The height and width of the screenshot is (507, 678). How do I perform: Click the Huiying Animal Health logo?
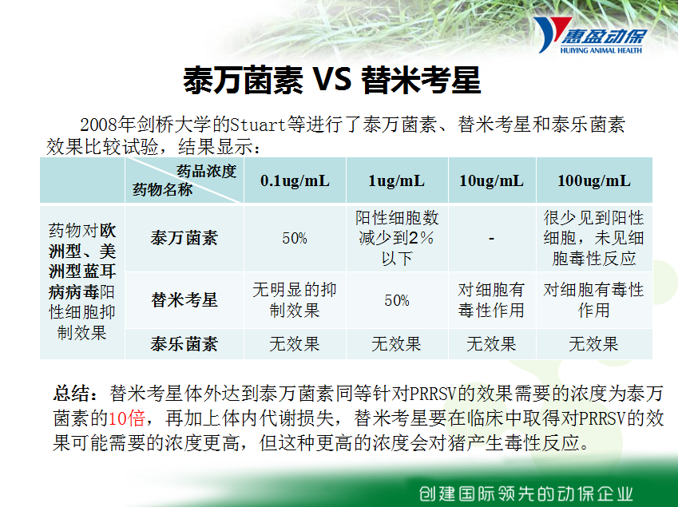[590, 35]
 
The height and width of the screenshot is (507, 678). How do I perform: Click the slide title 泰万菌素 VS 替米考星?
[332, 81]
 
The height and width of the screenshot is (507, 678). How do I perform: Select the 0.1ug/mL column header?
[295, 180]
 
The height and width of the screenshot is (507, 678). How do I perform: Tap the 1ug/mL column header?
[397, 180]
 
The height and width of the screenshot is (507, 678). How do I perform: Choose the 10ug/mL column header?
[492, 180]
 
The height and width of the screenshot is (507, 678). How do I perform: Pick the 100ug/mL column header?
[594, 180]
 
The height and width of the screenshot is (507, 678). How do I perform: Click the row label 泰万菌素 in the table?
[184, 238]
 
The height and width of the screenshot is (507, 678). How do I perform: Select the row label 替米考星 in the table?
[184, 300]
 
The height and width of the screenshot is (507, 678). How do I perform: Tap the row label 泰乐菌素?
[184, 344]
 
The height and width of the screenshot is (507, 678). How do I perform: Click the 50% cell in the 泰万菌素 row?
[295, 238]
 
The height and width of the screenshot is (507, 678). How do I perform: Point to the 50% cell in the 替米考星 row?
[397, 300]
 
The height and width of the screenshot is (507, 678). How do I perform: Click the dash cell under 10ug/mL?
[492, 239]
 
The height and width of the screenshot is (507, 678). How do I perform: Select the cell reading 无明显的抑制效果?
[295, 300]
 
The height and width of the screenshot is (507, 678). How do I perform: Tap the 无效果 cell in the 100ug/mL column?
[593, 344]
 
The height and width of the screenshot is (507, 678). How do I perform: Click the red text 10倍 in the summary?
[126, 418]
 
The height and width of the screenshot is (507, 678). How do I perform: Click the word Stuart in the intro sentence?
[258, 125]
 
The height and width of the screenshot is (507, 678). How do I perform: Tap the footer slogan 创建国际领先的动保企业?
[526, 493]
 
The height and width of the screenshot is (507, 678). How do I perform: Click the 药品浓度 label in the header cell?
[207, 171]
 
